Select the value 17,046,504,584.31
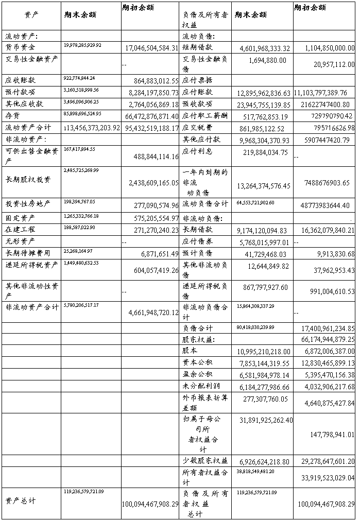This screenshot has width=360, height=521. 152,48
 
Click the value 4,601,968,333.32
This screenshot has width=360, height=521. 265,48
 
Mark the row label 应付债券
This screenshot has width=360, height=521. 197,240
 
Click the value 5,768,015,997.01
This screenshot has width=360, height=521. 265,241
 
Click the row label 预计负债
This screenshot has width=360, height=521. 197,253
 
